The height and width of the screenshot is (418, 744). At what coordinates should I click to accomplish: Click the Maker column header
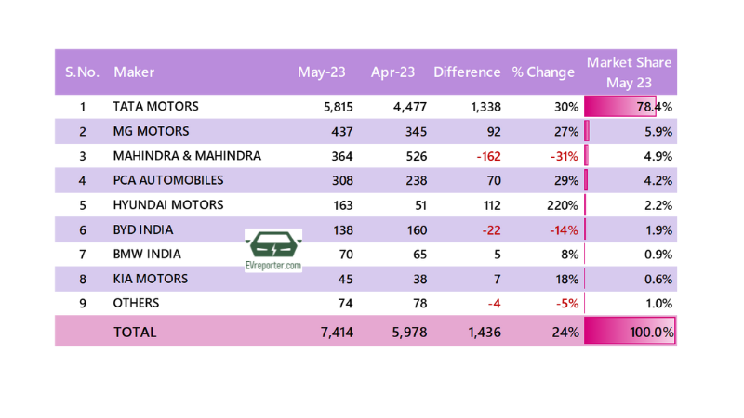click(x=134, y=72)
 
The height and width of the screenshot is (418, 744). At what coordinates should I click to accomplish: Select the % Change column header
click(x=543, y=72)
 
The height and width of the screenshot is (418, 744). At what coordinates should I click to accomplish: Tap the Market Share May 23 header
click(x=630, y=72)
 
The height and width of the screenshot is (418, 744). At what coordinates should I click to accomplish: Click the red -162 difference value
click(x=488, y=156)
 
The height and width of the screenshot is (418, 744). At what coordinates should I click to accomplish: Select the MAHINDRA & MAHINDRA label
click(x=187, y=156)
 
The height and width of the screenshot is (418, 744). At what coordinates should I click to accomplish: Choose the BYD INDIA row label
click(x=144, y=229)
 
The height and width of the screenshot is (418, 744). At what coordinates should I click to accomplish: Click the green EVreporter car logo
click(x=273, y=247)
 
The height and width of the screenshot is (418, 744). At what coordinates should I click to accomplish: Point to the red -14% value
click(x=565, y=229)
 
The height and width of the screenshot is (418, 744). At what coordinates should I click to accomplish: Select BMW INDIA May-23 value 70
click(x=345, y=254)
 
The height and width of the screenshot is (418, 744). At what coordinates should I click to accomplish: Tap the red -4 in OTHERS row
click(x=493, y=303)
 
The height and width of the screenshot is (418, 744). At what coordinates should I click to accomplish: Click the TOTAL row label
click(x=135, y=331)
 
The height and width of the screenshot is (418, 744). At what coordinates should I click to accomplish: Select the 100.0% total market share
click(x=650, y=331)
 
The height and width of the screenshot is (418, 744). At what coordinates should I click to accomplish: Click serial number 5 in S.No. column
click(x=83, y=204)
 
